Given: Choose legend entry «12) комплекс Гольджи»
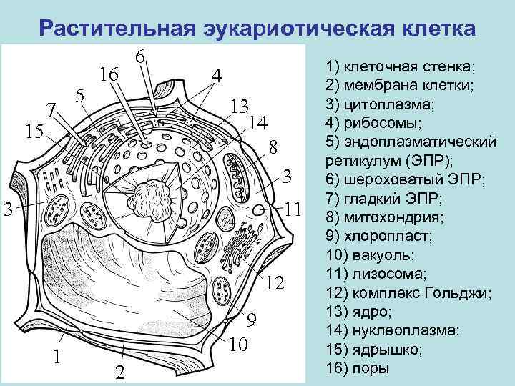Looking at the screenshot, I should (x=408, y=292).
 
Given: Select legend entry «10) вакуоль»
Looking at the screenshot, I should (x=377, y=254).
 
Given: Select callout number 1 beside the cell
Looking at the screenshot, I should (x=59, y=356).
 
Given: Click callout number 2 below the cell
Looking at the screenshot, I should (x=120, y=372).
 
